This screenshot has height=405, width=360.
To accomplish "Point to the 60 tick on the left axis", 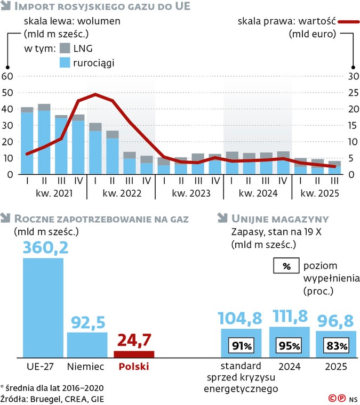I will click(8, 76).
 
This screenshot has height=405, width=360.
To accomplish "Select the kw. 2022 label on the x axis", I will click(121, 195).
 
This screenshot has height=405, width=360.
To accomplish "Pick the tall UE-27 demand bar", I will click(43, 306).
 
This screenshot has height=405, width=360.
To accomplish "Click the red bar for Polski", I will click(134, 353).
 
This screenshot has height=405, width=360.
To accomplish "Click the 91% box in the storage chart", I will click(241, 345).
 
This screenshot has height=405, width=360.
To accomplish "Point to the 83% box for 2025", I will click(337, 345).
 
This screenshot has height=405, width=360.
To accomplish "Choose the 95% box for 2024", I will click(290, 345).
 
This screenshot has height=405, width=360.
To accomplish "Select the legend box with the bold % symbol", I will click(286, 266).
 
